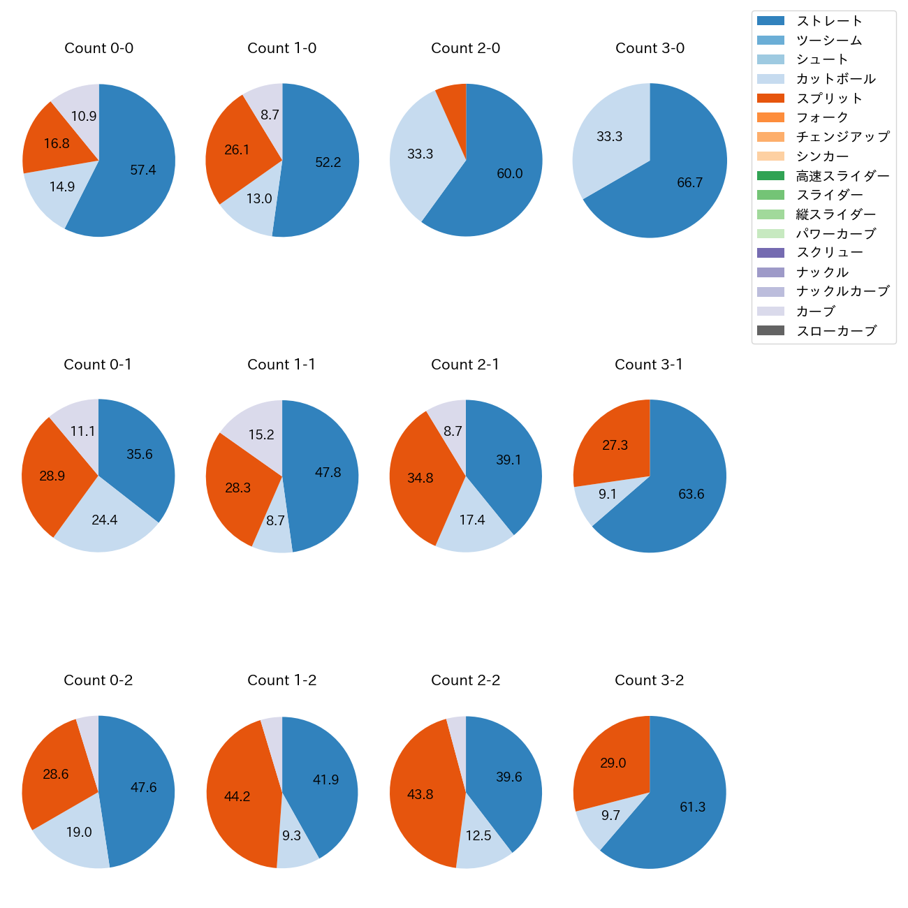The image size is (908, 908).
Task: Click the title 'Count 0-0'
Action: [x=98, y=48]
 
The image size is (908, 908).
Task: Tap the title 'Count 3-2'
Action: [x=649, y=680]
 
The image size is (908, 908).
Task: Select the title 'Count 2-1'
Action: [x=465, y=365]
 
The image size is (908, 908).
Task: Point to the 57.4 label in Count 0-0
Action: [x=143, y=170]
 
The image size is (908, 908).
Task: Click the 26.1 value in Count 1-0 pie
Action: [x=237, y=150]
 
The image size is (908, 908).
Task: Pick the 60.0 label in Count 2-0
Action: [x=509, y=174]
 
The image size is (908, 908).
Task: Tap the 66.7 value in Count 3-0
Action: [x=689, y=183]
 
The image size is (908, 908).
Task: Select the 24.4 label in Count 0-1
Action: [x=105, y=520]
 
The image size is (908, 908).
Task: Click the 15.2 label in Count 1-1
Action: [x=261, y=435]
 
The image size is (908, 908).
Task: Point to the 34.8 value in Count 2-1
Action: [x=420, y=478]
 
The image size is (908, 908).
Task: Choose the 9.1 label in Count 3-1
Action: [x=608, y=495]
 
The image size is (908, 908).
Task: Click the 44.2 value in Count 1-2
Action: [x=237, y=797]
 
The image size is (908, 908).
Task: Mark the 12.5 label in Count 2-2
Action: [x=478, y=835]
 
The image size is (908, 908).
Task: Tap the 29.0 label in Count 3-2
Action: [x=613, y=763]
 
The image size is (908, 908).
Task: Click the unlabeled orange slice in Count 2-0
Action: [x=453, y=98]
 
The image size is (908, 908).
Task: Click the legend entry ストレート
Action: [x=829, y=21]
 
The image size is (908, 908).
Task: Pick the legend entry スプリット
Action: [x=829, y=98]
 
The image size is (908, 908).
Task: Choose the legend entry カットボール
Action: [x=835, y=79]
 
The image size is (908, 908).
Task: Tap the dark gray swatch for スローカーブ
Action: [x=770, y=330]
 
